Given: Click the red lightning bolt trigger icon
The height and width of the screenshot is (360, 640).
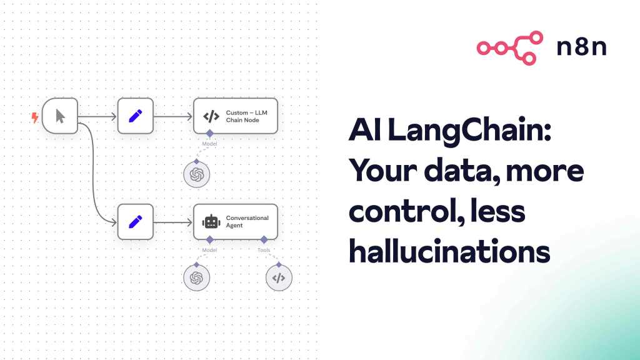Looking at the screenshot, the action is (35, 117).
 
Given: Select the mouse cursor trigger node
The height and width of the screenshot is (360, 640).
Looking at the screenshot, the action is (60, 116).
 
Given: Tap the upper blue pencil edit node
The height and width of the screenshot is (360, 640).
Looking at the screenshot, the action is (136, 116).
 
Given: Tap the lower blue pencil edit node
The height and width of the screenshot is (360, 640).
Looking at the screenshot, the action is (136, 222).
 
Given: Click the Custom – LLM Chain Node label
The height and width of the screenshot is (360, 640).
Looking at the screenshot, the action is (246, 116).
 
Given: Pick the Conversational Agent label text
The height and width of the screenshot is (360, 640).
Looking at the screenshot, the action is (247, 222).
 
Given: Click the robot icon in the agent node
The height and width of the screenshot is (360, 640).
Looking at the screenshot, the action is (211, 222).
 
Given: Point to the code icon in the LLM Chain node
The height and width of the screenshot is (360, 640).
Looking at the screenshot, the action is (211, 116).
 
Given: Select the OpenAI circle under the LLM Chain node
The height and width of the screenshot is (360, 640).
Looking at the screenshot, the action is (197, 175).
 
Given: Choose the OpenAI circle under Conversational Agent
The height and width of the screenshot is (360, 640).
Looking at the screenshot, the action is (197, 278).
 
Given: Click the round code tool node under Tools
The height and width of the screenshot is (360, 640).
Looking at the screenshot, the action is (279, 278).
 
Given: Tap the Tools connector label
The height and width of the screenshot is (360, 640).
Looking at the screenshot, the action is (264, 250).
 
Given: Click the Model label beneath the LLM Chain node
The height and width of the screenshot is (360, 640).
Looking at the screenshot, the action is (209, 144).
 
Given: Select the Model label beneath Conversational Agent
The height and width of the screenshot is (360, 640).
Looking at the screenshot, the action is (209, 250).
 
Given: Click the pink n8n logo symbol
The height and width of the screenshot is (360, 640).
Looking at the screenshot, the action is (510, 47).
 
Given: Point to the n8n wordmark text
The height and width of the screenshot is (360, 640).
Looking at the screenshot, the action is (582, 47).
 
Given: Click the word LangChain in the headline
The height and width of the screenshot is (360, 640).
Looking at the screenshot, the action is (469, 131).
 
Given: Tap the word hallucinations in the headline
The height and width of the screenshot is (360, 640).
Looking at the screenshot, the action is (449, 251).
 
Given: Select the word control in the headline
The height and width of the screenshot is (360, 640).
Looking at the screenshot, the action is (406, 211).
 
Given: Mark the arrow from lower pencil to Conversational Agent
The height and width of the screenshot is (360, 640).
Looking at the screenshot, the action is (173, 222).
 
